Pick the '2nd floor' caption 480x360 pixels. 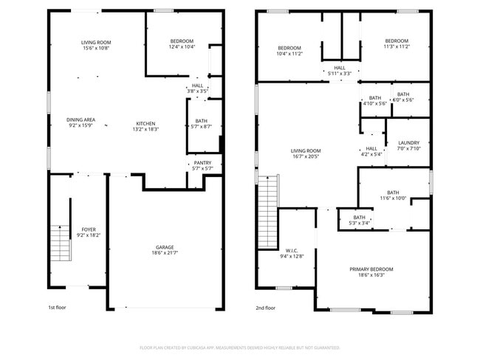265,308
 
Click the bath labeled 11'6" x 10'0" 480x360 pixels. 392,195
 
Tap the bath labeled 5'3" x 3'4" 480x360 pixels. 359,220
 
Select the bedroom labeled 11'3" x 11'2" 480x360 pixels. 396,44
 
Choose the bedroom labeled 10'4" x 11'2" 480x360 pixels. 289,50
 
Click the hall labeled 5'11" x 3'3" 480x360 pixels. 340,70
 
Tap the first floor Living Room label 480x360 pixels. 96,45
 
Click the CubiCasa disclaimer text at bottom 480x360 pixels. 239,347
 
